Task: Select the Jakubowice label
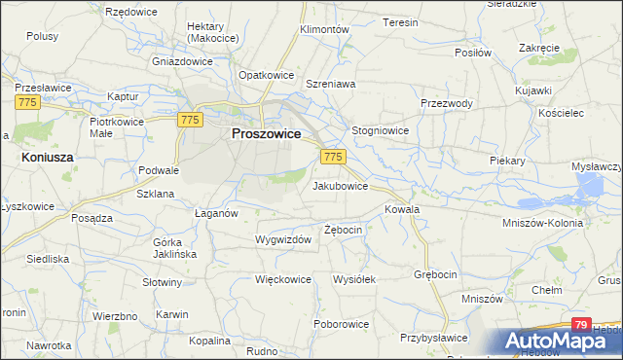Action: point(340,185)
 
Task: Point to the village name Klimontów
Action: point(324,30)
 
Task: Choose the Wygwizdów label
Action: point(282,239)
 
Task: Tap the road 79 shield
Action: point(581,325)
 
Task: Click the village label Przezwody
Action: point(447,104)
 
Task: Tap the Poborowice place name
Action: point(341,323)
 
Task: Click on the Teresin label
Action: point(400,22)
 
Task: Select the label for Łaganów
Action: point(216,214)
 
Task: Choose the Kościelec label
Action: point(559,113)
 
